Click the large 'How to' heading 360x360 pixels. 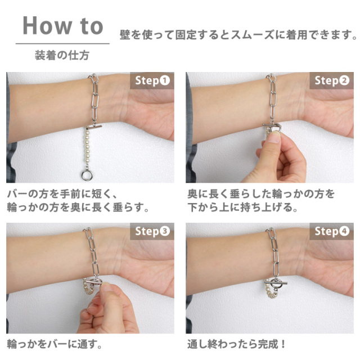(x=62, y=26)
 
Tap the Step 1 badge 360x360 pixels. (x=152, y=80)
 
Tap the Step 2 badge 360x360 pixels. (x=332, y=80)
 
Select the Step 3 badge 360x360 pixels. (x=152, y=231)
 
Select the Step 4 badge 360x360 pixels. (x=332, y=231)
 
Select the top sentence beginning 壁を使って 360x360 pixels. (x=238, y=35)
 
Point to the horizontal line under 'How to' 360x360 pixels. (x=62, y=44)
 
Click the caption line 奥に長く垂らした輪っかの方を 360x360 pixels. (x=261, y=194)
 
